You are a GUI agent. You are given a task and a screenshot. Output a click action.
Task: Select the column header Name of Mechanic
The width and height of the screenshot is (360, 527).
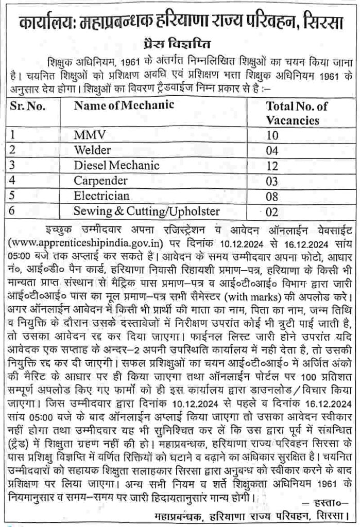(124, 106)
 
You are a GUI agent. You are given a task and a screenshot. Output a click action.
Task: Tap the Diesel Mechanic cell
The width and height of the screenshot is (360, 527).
(116, 166)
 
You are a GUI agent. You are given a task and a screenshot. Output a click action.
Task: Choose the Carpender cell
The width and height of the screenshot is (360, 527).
(100, 181)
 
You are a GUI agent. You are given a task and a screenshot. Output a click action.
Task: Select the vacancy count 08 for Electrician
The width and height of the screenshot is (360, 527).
(273, 196)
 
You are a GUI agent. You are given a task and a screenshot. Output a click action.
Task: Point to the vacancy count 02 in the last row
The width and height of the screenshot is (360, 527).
(273, 212)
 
